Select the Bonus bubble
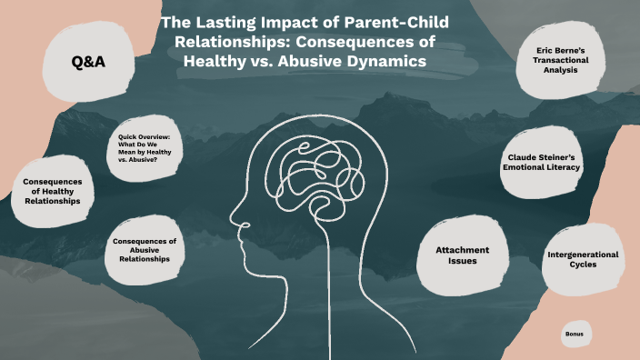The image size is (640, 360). click(x=574, y=334)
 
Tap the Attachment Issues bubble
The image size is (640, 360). click(x=462, y=255)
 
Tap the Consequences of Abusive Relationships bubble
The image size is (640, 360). click(x=145, y=249)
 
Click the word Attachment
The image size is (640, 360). click(x=462, y=249)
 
